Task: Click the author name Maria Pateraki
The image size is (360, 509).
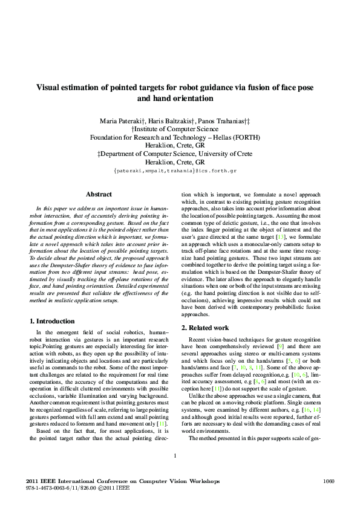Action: click(x=119, y=121)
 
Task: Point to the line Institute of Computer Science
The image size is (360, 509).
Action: click(x=180, y=129)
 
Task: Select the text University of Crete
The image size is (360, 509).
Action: click(x=226, y=154)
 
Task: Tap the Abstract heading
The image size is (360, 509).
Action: click(x=99, y=194)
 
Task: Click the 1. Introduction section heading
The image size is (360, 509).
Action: click(x=52, y=321)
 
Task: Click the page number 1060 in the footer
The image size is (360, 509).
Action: click(x=329, y=481)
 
